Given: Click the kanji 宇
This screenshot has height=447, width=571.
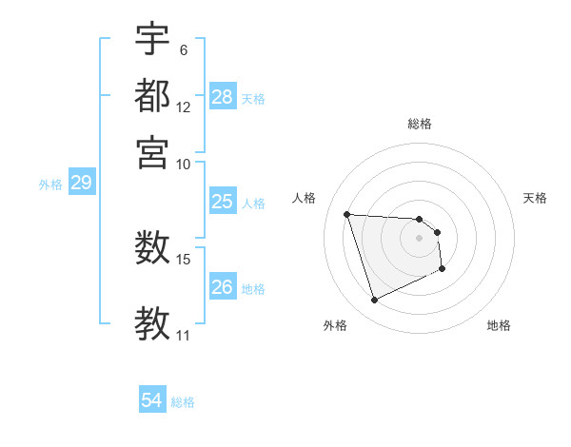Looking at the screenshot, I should click(152, 41).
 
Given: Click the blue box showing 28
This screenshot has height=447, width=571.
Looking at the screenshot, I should click(222, 97).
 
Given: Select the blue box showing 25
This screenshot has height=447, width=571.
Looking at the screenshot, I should click(222, 202).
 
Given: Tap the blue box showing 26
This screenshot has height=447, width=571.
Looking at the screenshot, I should click(222, 287).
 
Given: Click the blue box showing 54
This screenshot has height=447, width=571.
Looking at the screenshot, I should click(151, 401).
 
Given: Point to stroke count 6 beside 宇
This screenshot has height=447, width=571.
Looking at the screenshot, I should click(183, 49).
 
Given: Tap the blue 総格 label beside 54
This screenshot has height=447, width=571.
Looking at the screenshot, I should click(183, 402).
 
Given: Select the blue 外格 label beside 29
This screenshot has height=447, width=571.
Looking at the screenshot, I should click(49, 185).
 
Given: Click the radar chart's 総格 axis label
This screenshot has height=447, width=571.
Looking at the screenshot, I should click(419, 124).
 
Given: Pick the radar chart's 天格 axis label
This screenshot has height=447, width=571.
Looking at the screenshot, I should click(535, 198).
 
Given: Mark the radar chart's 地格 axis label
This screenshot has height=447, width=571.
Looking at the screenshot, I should click(499, 325).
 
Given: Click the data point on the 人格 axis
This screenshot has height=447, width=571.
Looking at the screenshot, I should click(347, 214).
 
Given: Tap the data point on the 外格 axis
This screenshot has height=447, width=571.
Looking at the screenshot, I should click(374, 301).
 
